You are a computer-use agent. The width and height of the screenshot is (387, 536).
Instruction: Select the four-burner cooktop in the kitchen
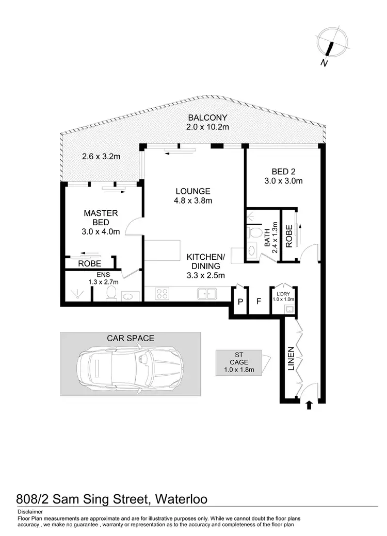163,294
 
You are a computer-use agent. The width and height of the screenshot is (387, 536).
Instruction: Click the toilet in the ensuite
110,293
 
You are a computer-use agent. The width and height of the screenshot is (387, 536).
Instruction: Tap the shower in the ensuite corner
76,294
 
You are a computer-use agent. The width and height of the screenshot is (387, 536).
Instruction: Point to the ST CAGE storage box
239,361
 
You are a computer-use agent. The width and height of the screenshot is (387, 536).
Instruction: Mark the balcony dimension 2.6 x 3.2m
101,157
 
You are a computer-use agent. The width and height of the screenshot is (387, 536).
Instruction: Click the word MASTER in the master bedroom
101,213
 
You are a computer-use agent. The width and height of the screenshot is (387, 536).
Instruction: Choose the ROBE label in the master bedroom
89,263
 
